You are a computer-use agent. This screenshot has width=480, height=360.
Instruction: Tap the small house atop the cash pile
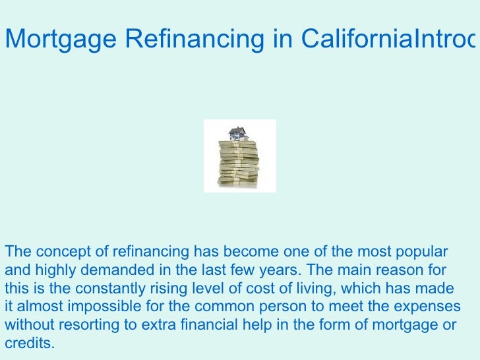point(239,134)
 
